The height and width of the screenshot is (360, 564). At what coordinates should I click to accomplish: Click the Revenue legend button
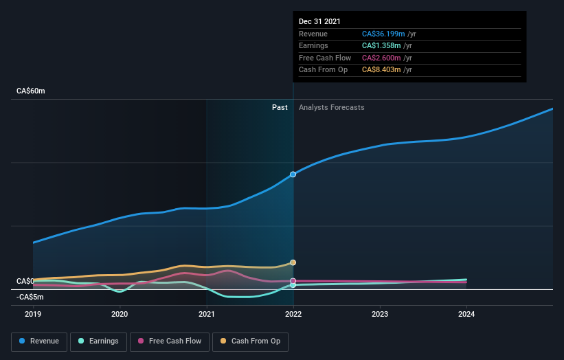[x=39, y=341]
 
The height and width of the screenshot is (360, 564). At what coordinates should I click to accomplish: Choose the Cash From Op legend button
[x=251, y=341]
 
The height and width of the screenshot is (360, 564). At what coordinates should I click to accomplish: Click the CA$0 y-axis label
[x=25, y=282]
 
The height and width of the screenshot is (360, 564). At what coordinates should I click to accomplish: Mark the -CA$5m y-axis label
[x=30, y=297]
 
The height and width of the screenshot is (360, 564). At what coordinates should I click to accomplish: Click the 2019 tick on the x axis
[x=33, y=315]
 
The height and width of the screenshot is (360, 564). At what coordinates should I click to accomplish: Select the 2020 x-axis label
[x=120, y=315]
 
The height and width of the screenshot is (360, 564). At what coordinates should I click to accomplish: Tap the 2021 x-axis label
[x=206, y=315]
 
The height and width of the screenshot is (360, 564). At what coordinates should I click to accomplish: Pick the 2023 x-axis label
[x=380, y=315]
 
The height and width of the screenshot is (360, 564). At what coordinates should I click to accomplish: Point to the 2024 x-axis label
[x=466, y=315]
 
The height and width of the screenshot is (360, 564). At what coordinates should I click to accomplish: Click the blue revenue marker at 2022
[x=293, y=175]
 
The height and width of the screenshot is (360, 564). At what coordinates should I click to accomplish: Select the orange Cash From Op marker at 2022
[x=293, y=262]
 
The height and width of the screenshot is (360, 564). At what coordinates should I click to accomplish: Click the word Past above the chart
[x=280, y=107]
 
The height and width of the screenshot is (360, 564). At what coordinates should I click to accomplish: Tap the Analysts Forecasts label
[x=331, y=107]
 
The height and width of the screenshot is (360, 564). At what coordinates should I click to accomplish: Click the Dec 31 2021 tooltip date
[x=319, y=22]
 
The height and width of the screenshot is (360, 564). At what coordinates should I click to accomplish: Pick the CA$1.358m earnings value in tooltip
[x=382, y=46]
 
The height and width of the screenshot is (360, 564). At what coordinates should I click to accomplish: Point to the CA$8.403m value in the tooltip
[x=382, y=69]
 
